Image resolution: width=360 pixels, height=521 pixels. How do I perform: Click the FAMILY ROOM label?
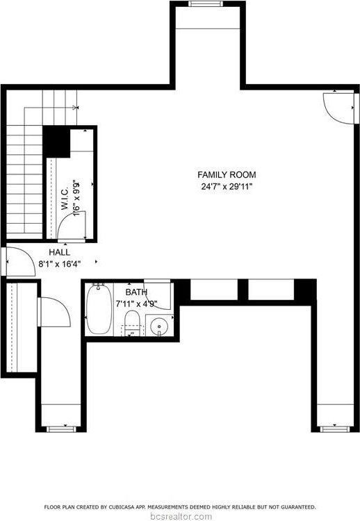tap(227, 175)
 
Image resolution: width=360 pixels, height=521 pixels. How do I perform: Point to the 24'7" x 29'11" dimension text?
tap(227, 186)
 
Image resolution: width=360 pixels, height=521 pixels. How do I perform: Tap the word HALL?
tap(58, 252)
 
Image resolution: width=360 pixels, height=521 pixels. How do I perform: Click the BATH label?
tap(136, 292)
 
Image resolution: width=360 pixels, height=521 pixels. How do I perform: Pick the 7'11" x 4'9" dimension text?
tap(136, 304)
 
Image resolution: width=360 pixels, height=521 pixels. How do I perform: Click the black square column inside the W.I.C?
tap(57, 142)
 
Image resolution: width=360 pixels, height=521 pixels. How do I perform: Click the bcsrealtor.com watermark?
tap(180, 515)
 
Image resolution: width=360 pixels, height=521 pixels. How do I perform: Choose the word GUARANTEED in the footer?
tap(296, 507)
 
